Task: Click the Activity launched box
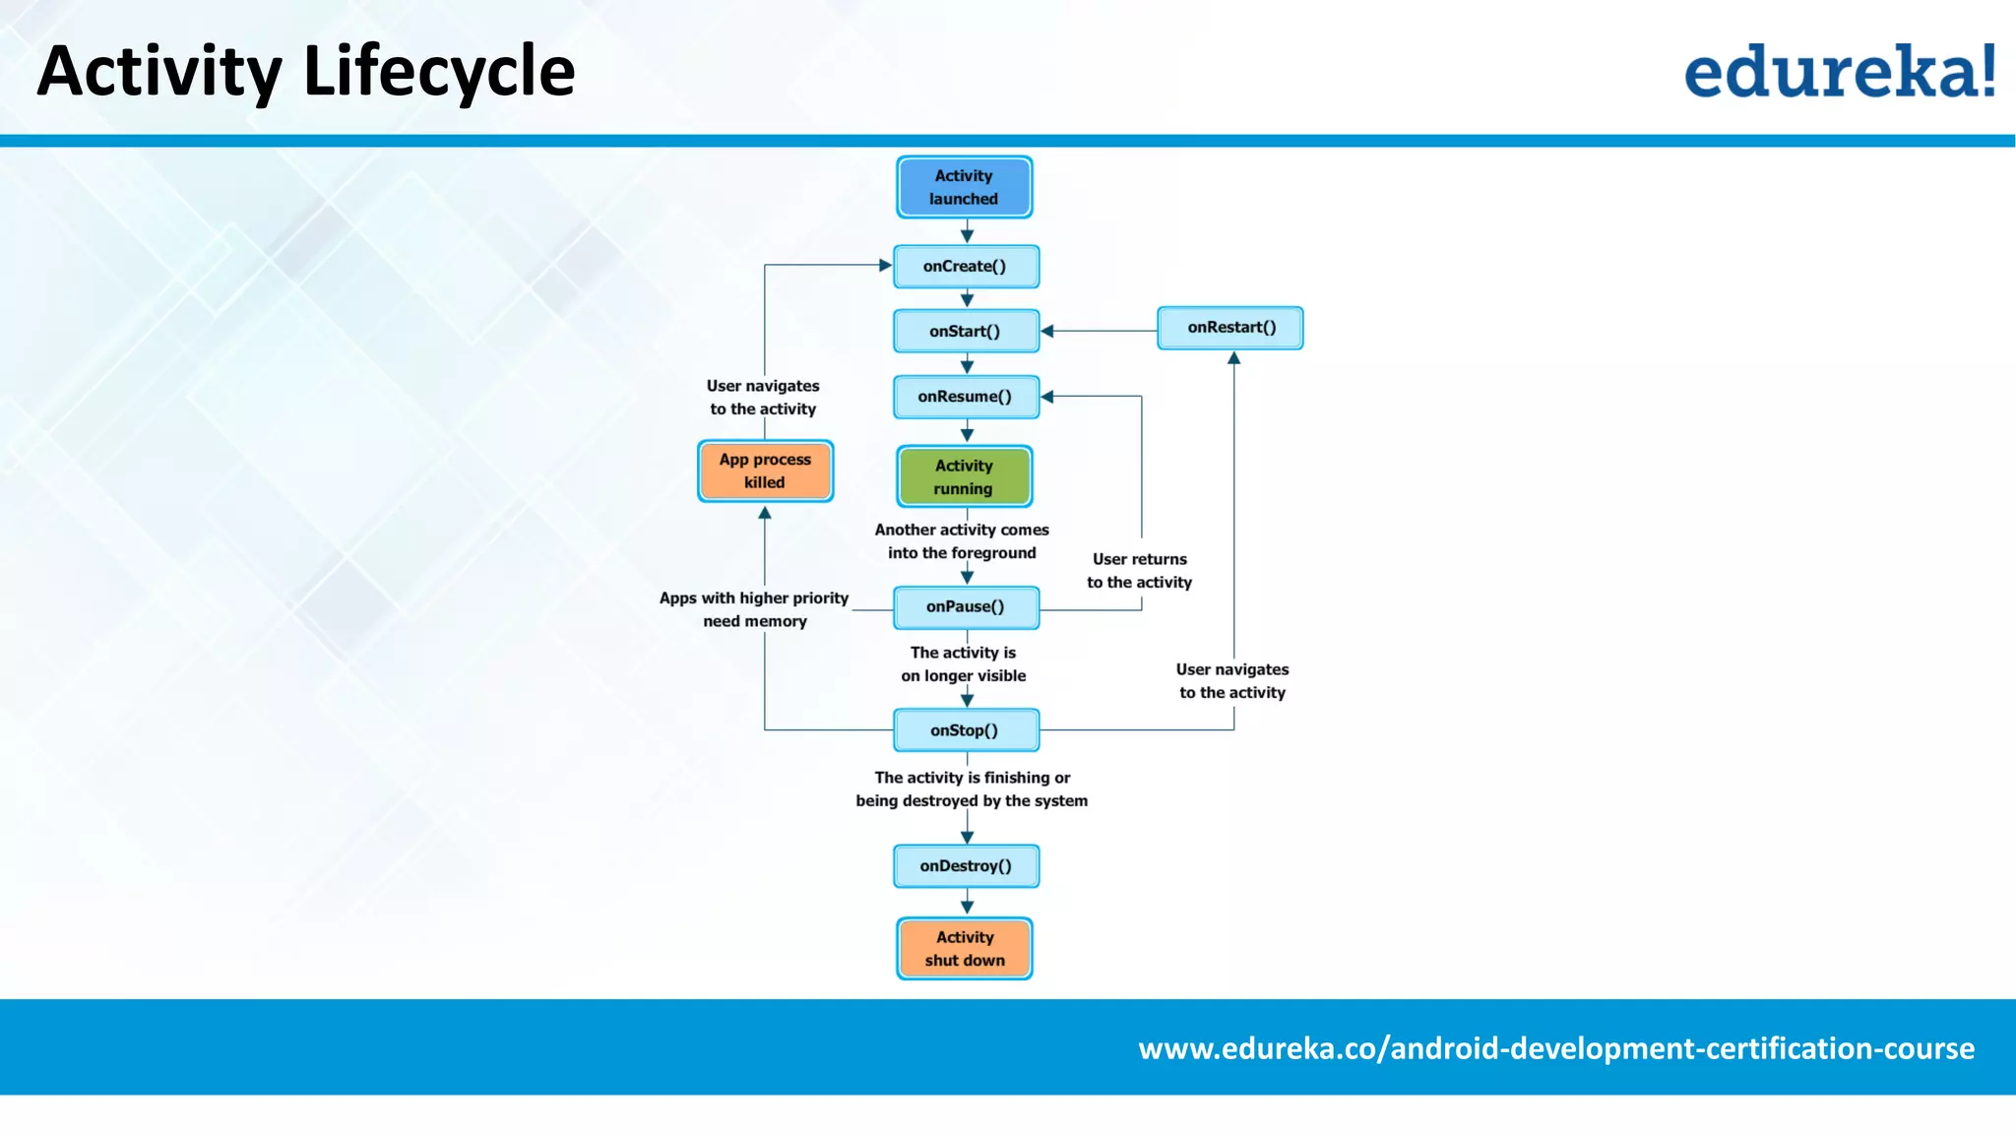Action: pyautogui.click(x=964, y=187)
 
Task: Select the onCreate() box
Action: pyautogui.click(x=966, y=267)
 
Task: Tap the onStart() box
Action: pyautogui.click(x=966, y=332)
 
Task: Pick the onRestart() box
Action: pyautogui.click(x=1230, y=328)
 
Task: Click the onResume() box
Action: pyautogui.click(x=966, y=397)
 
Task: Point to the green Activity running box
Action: pyautogui.click(x=964, y=476)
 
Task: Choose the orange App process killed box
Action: pyautogui.click(x=765, y=471)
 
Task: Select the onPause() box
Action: pyautogui.click(x=966, y=607)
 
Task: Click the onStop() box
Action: pyautogui.click(x=966, y=730)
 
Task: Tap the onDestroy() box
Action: pyautogui.click(x=966, y=866)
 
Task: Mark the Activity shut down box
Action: pyautogui.click(x=964, y=949)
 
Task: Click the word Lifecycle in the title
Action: pyautogui.click(x=439, y=72)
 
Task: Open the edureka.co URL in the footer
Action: pyautogui.click(x=1555, y=1048)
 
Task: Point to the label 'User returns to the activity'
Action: pyautogui.click(x=1139, y=571)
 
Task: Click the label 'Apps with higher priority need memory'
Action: pyautogui.click(x=754, y=609)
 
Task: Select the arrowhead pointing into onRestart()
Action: pyautogui.click(x=1233, y=358)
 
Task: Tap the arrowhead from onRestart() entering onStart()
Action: pyautogui.click(x=1047, y=332)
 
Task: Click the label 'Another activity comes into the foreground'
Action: pyautogui.click(x=962, y=541)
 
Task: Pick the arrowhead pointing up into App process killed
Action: pyautogui.click(x=765, y=513)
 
